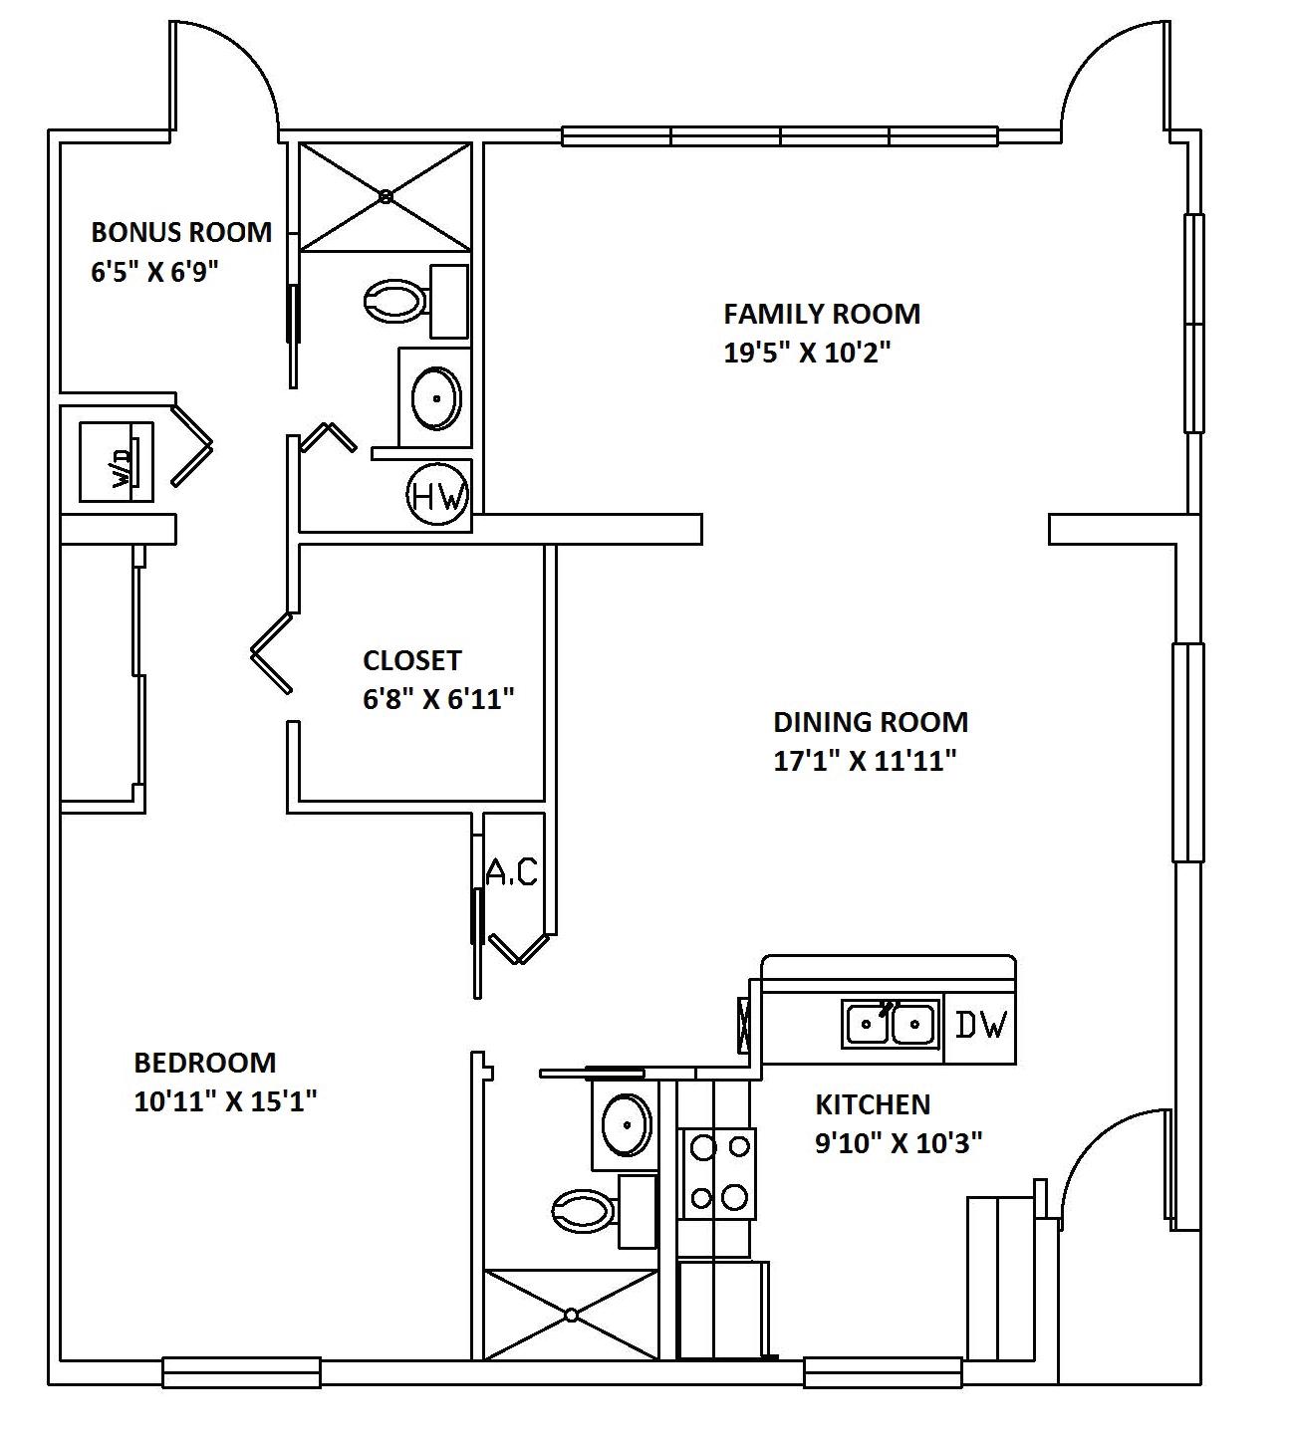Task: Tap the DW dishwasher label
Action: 982,1024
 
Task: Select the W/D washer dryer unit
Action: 118,461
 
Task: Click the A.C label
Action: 512,872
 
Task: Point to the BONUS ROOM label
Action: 181,232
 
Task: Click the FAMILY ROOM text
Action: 822,314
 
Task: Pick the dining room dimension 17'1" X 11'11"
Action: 865,761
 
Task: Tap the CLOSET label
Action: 412,660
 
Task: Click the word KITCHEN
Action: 873,1104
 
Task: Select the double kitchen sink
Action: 892,1023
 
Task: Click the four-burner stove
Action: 717,1172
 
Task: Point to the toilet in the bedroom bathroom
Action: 583,1211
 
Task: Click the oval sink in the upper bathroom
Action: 436,397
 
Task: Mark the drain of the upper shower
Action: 386,196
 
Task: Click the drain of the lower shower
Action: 571,1315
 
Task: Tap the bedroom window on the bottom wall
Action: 241,1373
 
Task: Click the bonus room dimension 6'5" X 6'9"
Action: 154,272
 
